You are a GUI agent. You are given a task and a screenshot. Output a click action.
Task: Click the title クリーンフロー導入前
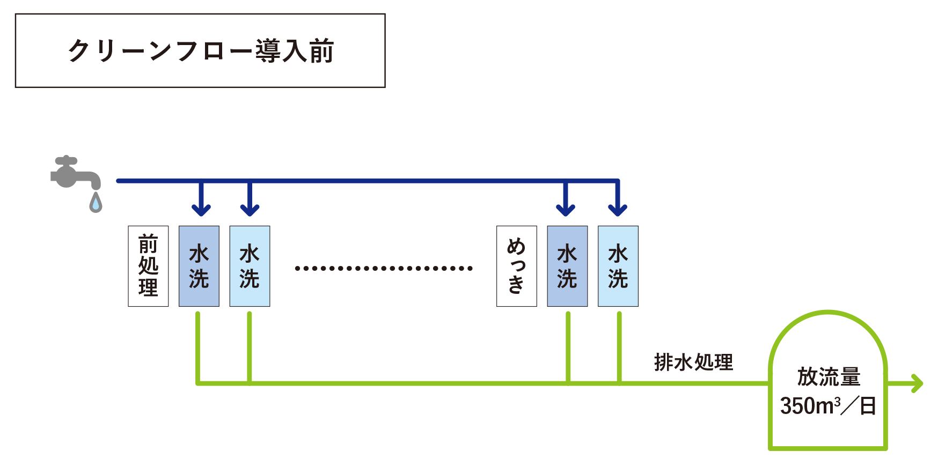point(201,51)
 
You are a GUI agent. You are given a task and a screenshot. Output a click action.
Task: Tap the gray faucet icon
point(74,173)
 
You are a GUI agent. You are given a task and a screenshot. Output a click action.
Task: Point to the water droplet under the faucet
point(96,203)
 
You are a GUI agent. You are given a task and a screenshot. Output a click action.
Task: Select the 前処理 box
point(148,266)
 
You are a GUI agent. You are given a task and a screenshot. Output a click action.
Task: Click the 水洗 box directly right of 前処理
point(199,266)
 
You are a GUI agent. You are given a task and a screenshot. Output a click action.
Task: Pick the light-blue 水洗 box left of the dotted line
point(250,266)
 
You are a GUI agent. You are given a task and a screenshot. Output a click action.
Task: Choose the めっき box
point(516,266)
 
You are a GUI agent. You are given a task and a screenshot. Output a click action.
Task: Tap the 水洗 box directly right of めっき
point(567,266)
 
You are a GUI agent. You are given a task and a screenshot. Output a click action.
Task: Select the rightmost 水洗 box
point(618,266)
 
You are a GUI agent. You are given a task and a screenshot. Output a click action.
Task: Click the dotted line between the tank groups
point(383,268)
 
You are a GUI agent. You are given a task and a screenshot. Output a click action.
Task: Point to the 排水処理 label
point(693,363)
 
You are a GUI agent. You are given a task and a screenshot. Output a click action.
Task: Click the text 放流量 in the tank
point(828,377)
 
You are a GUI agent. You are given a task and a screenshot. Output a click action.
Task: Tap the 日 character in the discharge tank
point(868,406)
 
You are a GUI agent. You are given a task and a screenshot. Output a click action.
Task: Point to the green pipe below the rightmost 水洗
point(619,346)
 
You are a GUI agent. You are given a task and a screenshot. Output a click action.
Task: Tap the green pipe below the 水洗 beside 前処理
point(198,346)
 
